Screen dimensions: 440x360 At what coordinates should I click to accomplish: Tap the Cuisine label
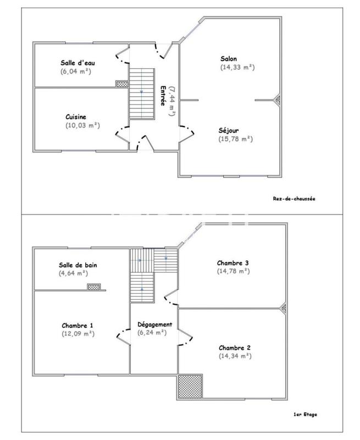coord(76,117)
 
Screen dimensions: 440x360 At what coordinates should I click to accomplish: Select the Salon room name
coord(229,58)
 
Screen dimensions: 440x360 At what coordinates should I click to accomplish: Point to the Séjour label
coord(229,130)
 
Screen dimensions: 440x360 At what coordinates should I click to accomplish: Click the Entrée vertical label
coord(163,98)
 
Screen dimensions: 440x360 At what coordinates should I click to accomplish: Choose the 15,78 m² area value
coord(235,139)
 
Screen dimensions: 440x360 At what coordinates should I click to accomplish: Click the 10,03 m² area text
coord(82,125)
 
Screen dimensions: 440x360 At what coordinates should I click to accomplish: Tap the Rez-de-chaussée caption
coord(295,199)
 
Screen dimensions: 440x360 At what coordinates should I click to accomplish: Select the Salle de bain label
coord(79,265)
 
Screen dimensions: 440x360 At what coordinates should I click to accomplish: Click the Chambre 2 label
coord(235,348)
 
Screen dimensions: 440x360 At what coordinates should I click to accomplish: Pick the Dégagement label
coord(154,324)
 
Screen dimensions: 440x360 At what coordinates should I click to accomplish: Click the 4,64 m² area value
coord(73,273)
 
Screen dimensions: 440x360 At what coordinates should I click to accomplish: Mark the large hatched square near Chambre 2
coord(190,387)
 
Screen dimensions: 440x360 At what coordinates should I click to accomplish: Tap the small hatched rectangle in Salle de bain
coord(94,287)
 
